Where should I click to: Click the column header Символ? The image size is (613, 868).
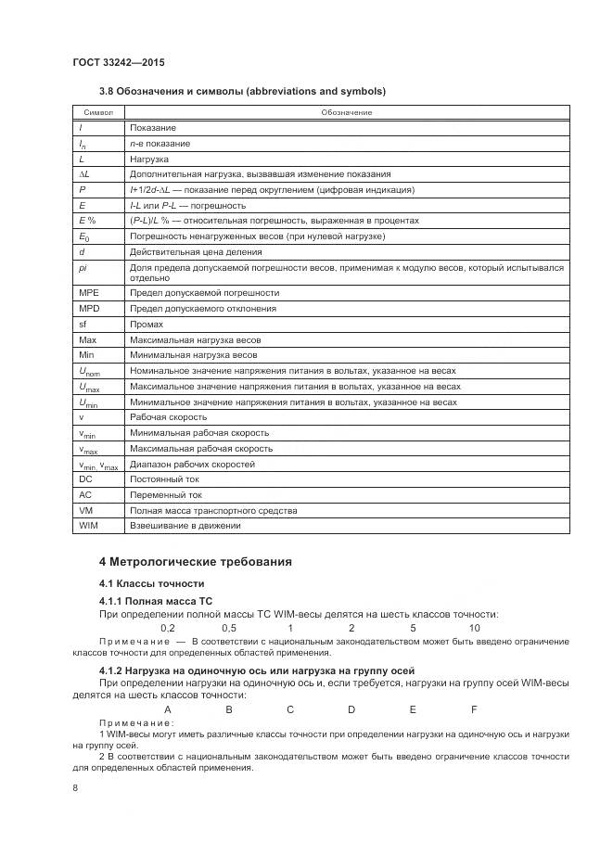[x=98, y=112]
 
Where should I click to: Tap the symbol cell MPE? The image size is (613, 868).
[x=89, y=292]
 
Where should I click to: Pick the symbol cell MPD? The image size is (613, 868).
[x=89, y=308]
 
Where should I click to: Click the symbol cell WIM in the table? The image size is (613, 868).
[x=88, y=526]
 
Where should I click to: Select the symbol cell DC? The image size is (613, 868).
[x=85, y=479]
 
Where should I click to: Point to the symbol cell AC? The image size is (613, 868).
[x=85, y=495]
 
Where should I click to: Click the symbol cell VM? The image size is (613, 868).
[x=85, y=510]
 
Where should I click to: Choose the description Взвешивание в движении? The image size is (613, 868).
[x=185, y=526]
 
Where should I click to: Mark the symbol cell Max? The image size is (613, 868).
[x=88, y=339]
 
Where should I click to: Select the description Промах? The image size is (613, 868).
[x=147, y=324]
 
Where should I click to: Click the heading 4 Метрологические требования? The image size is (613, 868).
[x=195, y=562]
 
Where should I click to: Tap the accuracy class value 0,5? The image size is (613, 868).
[x=229, y=628]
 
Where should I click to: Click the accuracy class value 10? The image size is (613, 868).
[x=474, y=628]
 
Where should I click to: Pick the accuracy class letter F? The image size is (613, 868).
[x=474, y=709]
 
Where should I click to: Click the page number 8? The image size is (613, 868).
[x=75, y=788]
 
